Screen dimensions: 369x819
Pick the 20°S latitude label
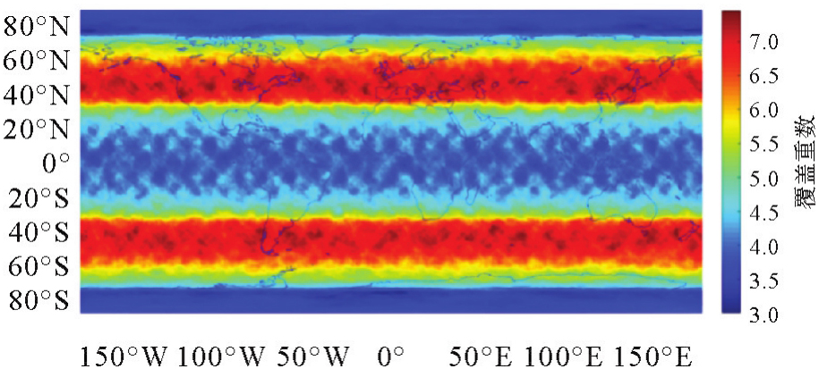click(38, 197)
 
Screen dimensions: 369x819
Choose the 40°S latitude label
click(38, 231)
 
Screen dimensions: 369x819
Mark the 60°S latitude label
click(38, 266)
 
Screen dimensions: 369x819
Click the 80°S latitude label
click(38, 300)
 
